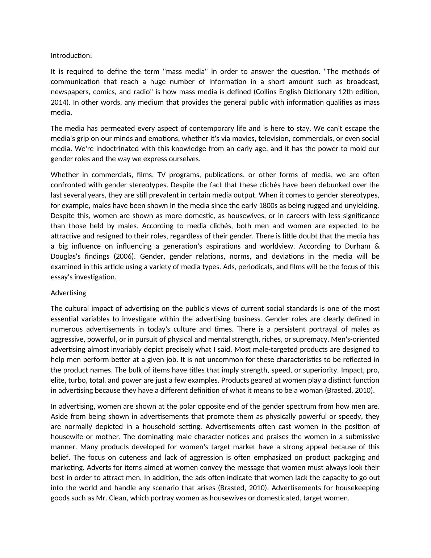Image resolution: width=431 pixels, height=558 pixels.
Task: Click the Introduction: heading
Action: (x=71, y=55)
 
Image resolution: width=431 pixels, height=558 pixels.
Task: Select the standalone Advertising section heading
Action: (x=68, y=293)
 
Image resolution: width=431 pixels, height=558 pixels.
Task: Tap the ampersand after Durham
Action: (x=377, y=246)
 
